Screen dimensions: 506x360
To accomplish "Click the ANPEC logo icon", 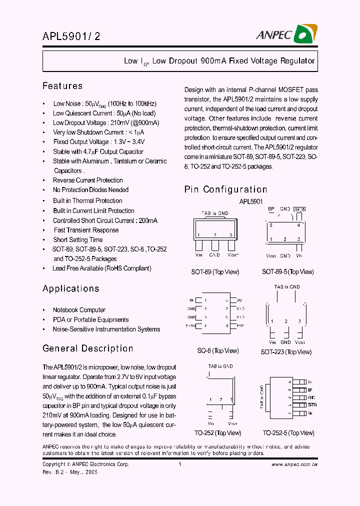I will (x=305, y=34).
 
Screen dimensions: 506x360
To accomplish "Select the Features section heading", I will (x=62, y=86).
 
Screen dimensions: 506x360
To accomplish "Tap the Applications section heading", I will (x=71, y=288).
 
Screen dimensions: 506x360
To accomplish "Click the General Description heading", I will (x=87, y=348).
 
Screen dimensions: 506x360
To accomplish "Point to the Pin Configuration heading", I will (x=225, y=189).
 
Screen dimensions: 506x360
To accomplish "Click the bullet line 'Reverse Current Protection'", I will (x=87, y=180).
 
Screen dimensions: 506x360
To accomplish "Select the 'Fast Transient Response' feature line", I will (x=86, y=230).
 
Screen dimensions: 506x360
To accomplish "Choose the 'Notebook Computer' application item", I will (x=79, y=310).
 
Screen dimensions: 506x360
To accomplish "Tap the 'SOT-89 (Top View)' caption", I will (x=215, y=272).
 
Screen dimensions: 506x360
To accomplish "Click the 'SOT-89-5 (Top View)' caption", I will (x=287, y=272).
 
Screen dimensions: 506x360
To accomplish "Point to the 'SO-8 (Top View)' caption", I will (x=217, y=350).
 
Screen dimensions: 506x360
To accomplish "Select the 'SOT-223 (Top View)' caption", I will (x=286, y=352).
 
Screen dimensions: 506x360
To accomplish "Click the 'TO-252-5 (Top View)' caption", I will (x=289, y=433).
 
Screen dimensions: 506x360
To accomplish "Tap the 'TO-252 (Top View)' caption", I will (x=217, y=433).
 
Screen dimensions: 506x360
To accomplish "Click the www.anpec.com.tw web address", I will (x=294, y=464).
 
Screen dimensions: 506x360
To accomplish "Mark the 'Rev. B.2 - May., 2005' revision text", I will (x=69, y=471).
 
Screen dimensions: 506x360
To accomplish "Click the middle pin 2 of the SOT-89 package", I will (x=215, y=245).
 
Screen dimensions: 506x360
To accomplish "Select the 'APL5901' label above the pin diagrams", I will (x=251, y=201).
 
